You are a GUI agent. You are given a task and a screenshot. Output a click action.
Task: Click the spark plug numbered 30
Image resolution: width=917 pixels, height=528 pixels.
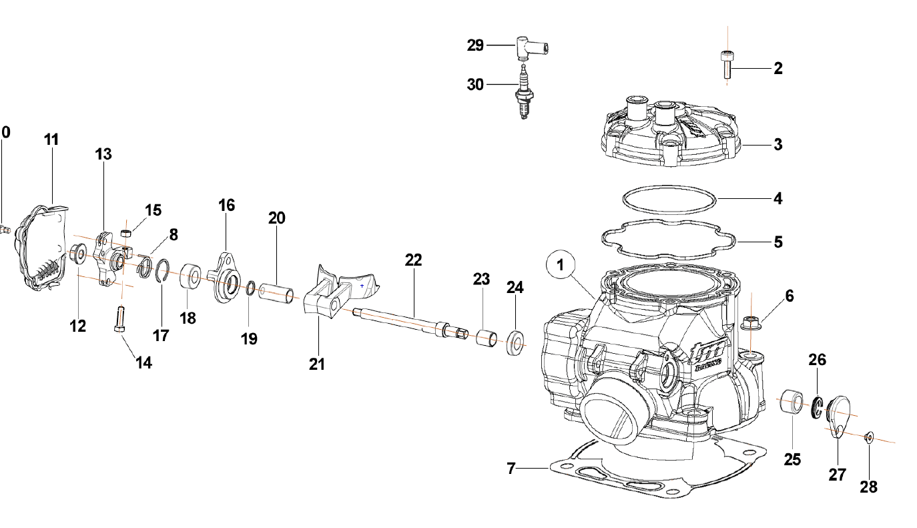click(524, 93)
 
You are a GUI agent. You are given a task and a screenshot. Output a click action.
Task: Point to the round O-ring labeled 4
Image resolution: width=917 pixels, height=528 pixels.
click(669, 198)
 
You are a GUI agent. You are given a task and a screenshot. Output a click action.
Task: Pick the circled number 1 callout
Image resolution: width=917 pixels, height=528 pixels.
click(561, 265)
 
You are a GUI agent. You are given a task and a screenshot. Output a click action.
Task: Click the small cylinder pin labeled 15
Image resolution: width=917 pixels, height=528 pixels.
click(125, 233)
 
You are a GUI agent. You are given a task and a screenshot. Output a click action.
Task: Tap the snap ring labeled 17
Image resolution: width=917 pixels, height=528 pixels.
click(162, 272)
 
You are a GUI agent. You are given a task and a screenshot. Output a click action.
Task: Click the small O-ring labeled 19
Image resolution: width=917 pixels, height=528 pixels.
click(250, 288)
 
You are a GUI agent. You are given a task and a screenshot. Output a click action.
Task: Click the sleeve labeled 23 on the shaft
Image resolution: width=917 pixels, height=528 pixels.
click(487, 338)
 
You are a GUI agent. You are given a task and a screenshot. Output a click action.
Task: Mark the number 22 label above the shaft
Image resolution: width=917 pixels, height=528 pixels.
click(413, 260)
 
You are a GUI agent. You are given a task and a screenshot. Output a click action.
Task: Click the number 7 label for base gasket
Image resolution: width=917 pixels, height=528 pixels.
click(511, 469)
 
